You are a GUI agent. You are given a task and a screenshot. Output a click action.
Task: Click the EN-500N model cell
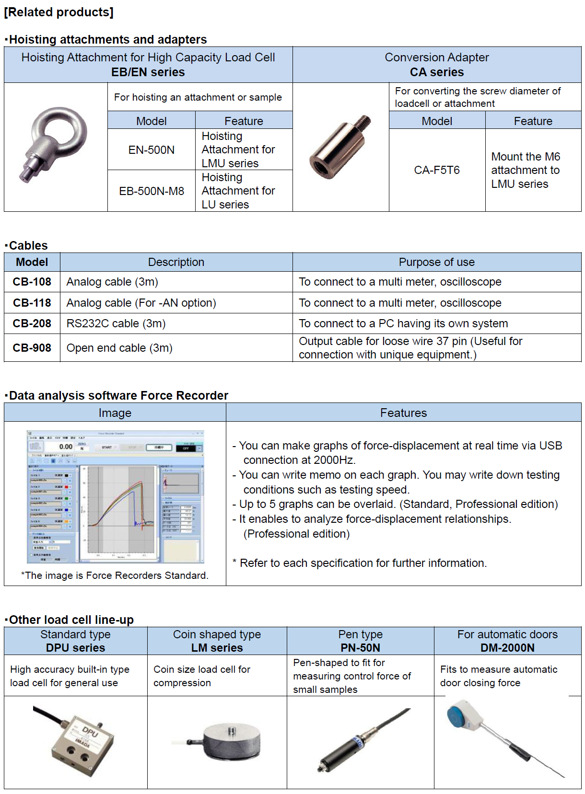point(152,150)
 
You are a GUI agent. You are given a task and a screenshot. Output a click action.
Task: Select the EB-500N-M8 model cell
point(152,191)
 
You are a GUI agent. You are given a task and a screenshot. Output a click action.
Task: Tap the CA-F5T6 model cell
point(437,170)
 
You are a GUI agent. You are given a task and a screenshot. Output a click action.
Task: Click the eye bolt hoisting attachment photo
point(55,143)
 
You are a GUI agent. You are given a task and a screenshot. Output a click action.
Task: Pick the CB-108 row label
point(32,282)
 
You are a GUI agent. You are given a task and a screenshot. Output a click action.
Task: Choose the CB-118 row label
point(32,303)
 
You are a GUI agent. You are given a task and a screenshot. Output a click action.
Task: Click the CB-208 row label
point(32,323)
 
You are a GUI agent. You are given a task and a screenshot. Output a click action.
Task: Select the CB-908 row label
point(32,348)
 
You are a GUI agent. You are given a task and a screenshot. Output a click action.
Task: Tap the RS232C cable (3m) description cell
point(116,323)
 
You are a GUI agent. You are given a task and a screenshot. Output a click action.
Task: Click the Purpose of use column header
point(436,262)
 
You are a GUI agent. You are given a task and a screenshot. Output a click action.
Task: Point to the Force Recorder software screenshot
point(116,496)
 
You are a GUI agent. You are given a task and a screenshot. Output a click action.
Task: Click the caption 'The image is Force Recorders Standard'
point(115,575)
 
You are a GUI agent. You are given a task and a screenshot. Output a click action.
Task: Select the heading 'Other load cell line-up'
point(71,620)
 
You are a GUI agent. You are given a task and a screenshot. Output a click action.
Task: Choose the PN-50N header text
point(360,648)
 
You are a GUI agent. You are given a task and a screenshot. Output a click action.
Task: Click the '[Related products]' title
point(58,12)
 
